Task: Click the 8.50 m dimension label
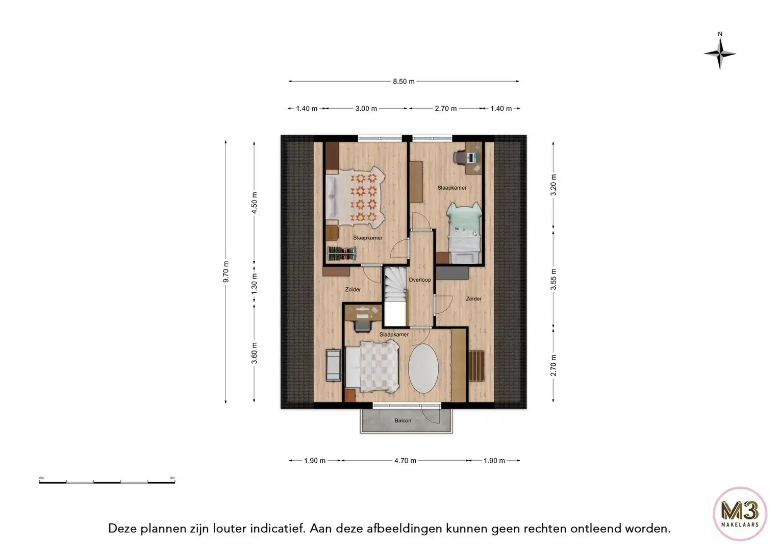click(404, 82)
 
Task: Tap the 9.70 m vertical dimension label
click(226, 271)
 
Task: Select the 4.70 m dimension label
click(405, 461)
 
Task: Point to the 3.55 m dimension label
click(554, 280)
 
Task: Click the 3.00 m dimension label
click(366, 109)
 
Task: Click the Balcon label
click(403, 420)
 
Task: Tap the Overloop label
click(419, 280)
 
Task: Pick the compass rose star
click(720, 54)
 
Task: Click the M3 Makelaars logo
click(740, 514)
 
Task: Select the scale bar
click(107, 482)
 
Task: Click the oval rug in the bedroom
click(423, 369)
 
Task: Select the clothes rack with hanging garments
click(342, 254)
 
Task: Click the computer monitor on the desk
click(471, 158)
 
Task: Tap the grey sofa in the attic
click(333, 365)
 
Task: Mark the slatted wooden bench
click(476, 366)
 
